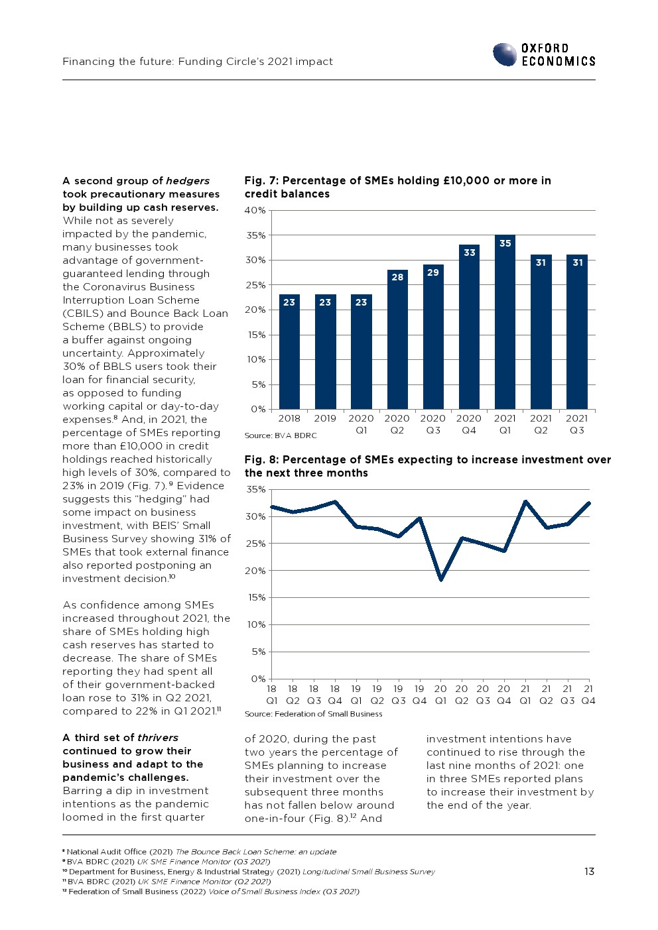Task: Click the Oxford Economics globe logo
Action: point(505,54)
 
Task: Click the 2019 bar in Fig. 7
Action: point(325,351)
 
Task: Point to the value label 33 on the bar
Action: point(470,253)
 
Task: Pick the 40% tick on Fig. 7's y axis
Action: point(255,211)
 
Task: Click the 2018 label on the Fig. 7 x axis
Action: point(289,418)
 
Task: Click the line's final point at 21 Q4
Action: point(588,503)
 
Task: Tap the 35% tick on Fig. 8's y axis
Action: point(255,490)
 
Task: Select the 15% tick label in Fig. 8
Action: point(255,598)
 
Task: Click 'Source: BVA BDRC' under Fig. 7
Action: point(281,436)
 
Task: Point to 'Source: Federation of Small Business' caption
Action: point(313,714)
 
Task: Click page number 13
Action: point(589,872)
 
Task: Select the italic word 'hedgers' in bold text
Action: point(188,181)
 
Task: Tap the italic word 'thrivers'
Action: point(158,738)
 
